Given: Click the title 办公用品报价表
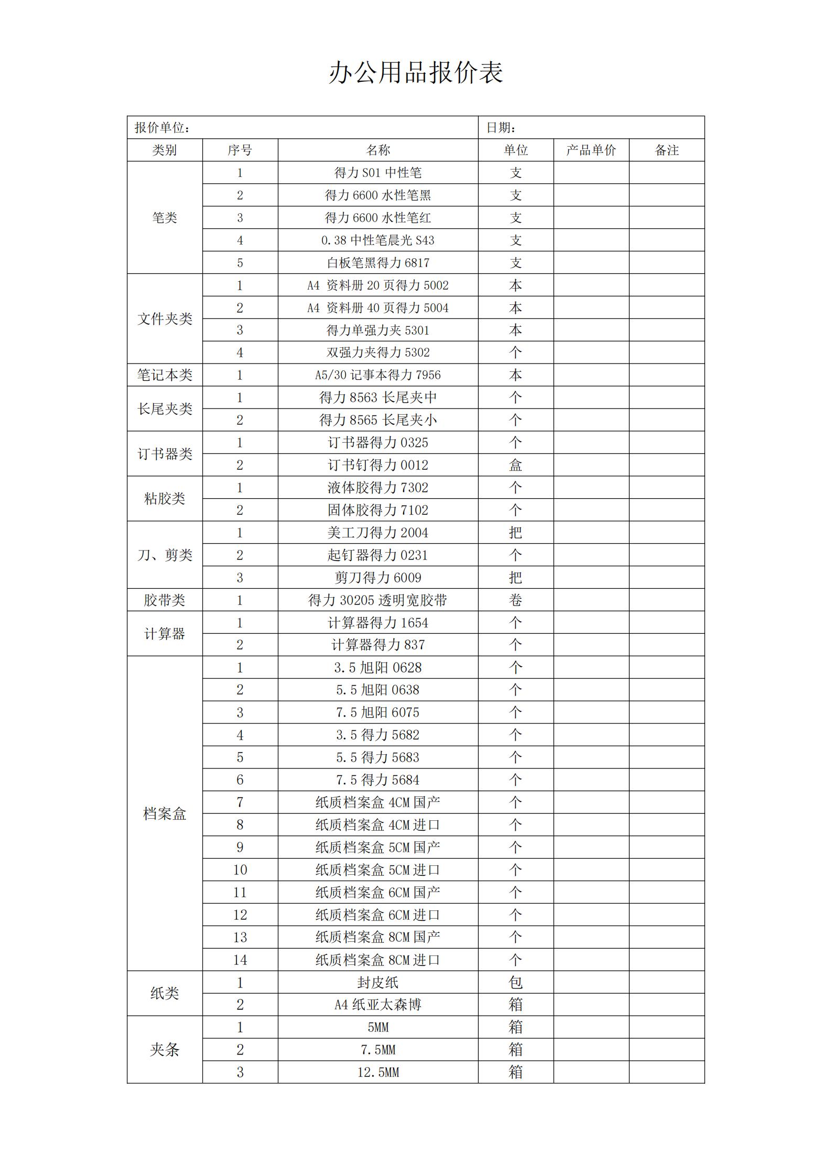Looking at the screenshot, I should [416, 72].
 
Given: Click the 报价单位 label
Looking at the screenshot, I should [162, 128].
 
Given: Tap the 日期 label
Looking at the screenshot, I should [501, 128].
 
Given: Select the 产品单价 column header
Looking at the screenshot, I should [591, 150].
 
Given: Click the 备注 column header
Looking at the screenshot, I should [666, 150].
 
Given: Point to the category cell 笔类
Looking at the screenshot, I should [165, 218].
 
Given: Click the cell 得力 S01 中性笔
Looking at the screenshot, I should [377, 173].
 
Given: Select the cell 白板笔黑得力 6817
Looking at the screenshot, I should [377, 263].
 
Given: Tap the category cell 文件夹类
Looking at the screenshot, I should [165, 319].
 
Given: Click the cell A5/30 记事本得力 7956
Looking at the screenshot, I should [377, 375].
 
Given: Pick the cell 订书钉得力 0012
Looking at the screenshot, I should [377, 465].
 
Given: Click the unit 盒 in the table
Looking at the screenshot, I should [515, 465].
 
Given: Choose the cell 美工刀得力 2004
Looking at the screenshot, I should [377, 533].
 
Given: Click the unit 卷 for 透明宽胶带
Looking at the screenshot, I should [515, 600].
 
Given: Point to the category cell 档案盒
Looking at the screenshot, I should [165, 814].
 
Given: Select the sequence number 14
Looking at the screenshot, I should [240, 960].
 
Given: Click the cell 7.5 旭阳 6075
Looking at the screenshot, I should [377, 712].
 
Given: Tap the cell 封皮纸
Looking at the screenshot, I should [377, 983].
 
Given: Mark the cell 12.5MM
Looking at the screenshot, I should [377, 1072].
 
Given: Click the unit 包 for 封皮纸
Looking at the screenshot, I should [515, 983].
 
